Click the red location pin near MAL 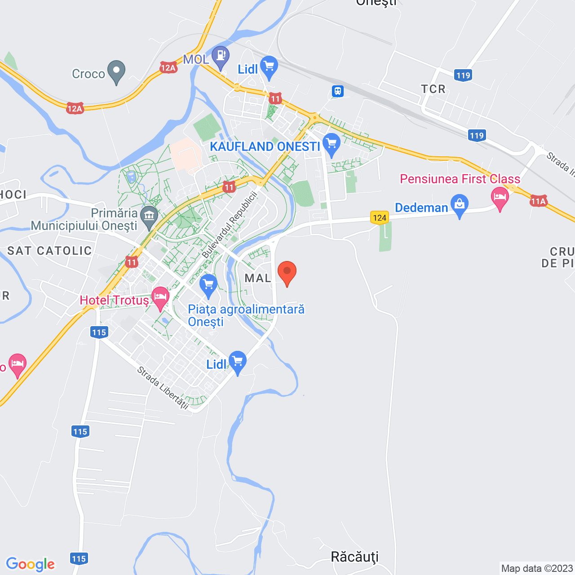click(287, 272)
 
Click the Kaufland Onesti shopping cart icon click(332, 144)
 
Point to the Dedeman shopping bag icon click(459, 204)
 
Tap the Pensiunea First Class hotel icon click(500, 197)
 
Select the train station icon click(338, 91)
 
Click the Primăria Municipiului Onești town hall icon click(149, 216)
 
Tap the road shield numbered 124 click(380, 218)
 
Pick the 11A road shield click(538, 201)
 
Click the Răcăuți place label click(355, 557)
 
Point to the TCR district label click(433, 89)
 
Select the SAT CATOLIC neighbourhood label click(49, 251)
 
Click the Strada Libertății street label click(163, 387)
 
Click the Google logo click(31, 564)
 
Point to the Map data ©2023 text click(537, 568)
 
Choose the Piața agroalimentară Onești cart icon click(208, 284)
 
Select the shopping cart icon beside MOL click(269, 66)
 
